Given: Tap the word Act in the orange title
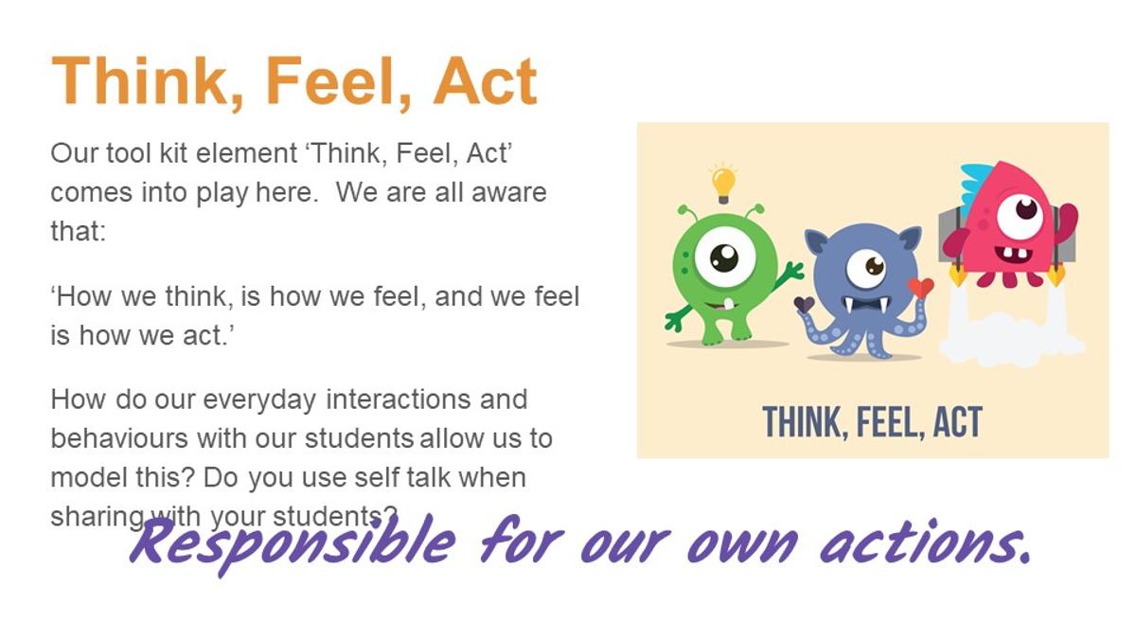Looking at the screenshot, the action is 485,81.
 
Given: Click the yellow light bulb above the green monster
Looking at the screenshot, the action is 723,184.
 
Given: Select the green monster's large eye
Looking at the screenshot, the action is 725,257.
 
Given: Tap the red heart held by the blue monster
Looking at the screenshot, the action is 920,288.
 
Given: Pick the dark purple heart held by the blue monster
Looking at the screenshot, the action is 804,305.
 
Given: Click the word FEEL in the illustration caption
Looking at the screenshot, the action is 886,422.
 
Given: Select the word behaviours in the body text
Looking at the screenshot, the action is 119,437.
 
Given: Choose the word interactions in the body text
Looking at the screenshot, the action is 399,399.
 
